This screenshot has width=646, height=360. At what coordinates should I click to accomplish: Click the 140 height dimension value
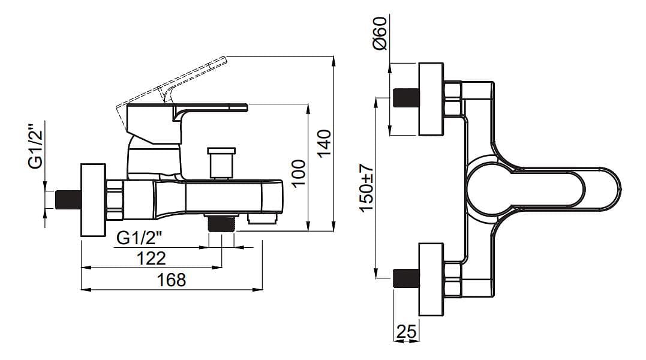point(324,143)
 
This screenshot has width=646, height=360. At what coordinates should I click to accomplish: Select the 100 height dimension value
point(299,173)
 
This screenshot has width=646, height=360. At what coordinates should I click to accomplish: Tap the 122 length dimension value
point(151,258)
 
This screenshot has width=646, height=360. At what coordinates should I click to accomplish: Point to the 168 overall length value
point(172,280)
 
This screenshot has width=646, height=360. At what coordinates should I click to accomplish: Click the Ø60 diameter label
point(380,34)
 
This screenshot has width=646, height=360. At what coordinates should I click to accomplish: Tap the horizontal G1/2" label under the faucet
point(140,238)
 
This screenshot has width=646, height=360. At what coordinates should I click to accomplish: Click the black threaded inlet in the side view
point(68,199)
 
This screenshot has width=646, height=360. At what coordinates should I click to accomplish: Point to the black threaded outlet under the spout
point(221,224)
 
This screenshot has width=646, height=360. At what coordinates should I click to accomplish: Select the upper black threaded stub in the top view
point(406,97)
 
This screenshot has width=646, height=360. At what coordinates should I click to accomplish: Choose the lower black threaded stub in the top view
point(406,280)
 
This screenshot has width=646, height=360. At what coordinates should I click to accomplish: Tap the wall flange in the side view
point(93,200)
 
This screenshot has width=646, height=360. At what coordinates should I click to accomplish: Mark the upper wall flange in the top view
point(431,98)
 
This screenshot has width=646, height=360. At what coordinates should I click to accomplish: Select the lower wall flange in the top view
point(431,280)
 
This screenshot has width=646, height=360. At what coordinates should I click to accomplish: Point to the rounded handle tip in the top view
point(609,188)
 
